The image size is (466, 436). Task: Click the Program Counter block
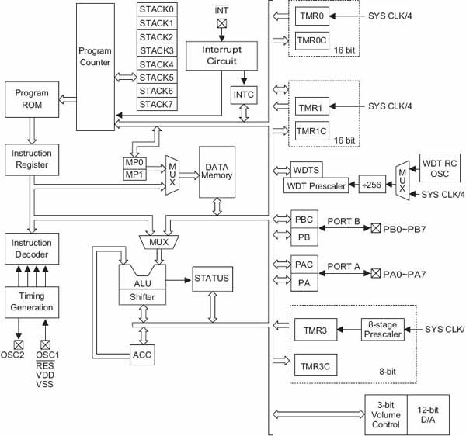coord(95,66)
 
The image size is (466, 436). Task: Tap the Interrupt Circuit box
coord(219,56)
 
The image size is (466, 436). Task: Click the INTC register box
coord(244,95)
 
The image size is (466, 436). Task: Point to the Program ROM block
coord(31,100)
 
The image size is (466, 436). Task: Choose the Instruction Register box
coord(31,160)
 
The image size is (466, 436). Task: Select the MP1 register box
coord(135,175)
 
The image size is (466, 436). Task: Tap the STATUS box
coord(212,277)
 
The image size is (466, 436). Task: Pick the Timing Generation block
coord(31,302)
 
